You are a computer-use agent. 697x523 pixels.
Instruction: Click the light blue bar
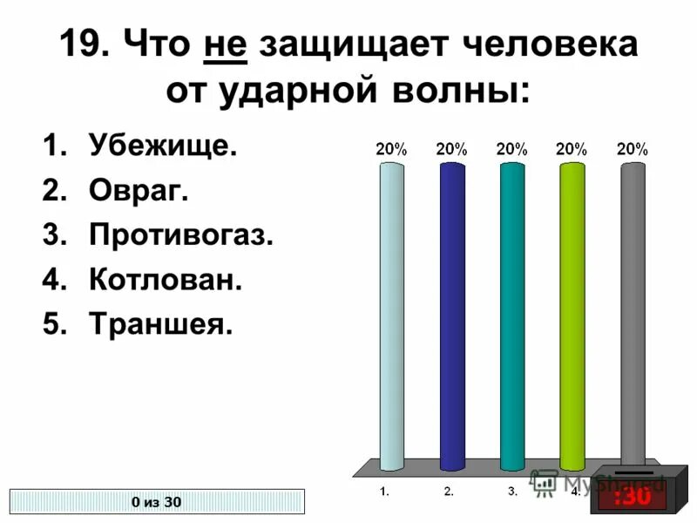[x=391, y=314]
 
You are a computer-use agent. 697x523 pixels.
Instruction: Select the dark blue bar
[x=451, y=314]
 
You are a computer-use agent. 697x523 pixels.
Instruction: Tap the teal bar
[x=511, y=314]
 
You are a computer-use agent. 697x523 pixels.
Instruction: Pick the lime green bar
[x=572, y=314]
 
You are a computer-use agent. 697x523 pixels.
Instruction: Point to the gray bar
[x=632, y=314]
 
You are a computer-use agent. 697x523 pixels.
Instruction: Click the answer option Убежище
[x=162, y=146]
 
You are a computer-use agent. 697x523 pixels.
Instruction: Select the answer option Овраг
[x=138, y=190]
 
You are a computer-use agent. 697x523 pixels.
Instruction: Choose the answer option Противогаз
[x=181, y=234]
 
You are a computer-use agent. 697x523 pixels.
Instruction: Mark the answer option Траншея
[x=161, y=324]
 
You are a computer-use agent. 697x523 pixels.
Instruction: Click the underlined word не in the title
[x=227, y=44]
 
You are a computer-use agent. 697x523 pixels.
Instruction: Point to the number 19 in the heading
[x=84, y=44]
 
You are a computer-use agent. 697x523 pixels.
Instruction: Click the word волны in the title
[x=461, y=90]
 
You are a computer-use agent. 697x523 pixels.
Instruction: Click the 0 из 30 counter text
[x=157, y=501]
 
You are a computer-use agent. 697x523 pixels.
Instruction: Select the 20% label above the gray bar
[x=632, y=149]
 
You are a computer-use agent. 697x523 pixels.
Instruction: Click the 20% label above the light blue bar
[x=391, y=149]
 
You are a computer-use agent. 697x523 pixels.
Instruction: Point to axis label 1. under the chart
[x=384, y=492]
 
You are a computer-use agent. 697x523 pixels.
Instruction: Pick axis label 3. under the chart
[x=513, y=492]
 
